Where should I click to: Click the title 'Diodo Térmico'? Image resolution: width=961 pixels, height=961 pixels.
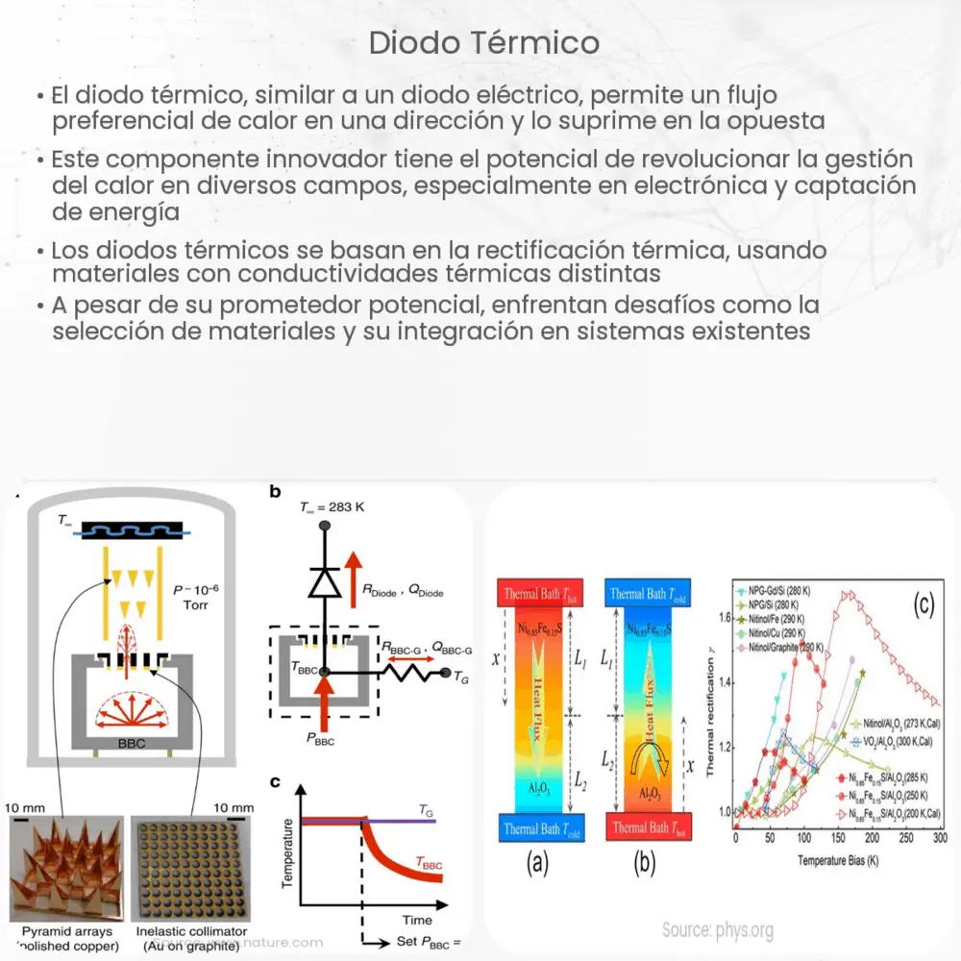[483, 43]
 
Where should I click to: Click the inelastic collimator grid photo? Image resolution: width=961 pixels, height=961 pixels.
[191, 869]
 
